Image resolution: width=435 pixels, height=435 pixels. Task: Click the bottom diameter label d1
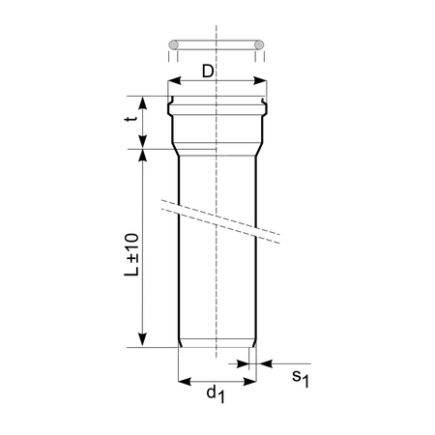point(217,395)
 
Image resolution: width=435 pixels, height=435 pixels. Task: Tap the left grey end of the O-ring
point(174,44)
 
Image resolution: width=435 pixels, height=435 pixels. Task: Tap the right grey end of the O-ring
point(260,44)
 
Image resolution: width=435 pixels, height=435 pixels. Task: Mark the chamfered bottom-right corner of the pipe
point(253,344)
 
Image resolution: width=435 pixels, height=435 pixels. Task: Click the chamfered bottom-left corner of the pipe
point(181,344)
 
